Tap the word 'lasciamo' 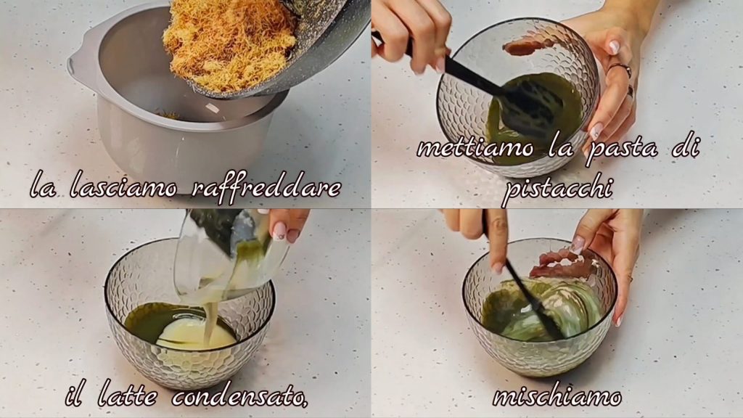(x=123, y=187)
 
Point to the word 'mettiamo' (x=475, y=148)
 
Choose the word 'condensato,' (x=240, y=395)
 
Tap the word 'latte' (x=126, y=395)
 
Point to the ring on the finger (x=621, y=69)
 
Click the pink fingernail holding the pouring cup (x=279, y=231)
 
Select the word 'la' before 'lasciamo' (x=42, y=187)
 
